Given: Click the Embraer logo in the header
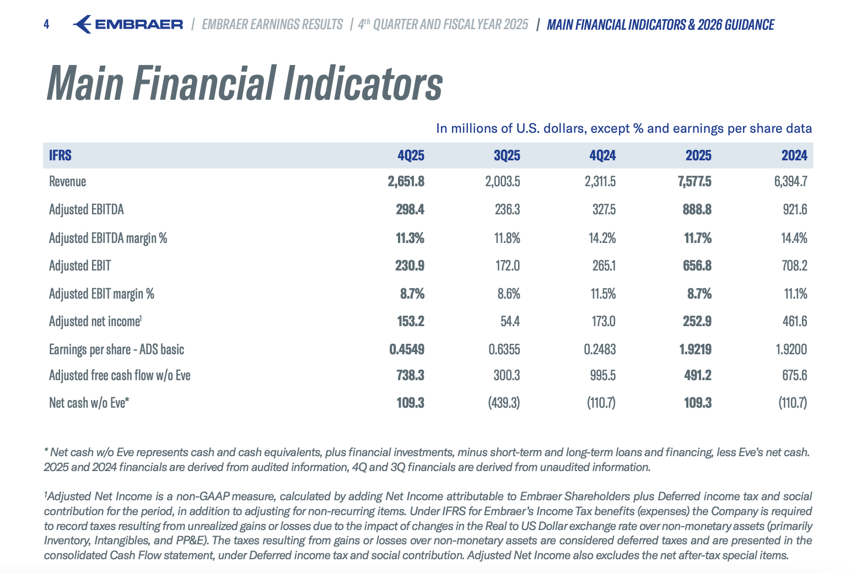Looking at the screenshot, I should (x=128, y=24).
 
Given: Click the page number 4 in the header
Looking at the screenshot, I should (x=46, y=24).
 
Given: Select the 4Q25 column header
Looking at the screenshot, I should (x=411, y=155).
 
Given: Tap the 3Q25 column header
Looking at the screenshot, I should (x=507, y=155).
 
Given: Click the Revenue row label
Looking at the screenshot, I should (x=67, y=181).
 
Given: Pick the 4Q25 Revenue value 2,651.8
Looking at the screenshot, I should (x=406, y=181).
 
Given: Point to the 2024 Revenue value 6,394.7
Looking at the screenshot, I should (x=790, y=181).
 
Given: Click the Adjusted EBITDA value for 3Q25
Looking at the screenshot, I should (x=508, y=209).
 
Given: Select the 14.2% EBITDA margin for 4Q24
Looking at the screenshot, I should (x=602, y=238).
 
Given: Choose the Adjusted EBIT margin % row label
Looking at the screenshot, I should (x=101, y=294).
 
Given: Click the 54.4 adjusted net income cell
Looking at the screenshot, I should (x=510, y=321).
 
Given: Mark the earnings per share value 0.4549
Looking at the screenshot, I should (x=407, y=349).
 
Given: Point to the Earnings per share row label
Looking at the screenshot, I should (x=116, y=349).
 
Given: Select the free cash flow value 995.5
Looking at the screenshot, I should (x=602, y=375).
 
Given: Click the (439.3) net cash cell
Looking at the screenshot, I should (x=504, y=403).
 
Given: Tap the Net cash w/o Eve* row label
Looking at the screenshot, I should (x=89, y=403).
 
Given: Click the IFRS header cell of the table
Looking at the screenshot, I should (x=60, y=155).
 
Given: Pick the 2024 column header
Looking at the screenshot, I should (x=794, y=155).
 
